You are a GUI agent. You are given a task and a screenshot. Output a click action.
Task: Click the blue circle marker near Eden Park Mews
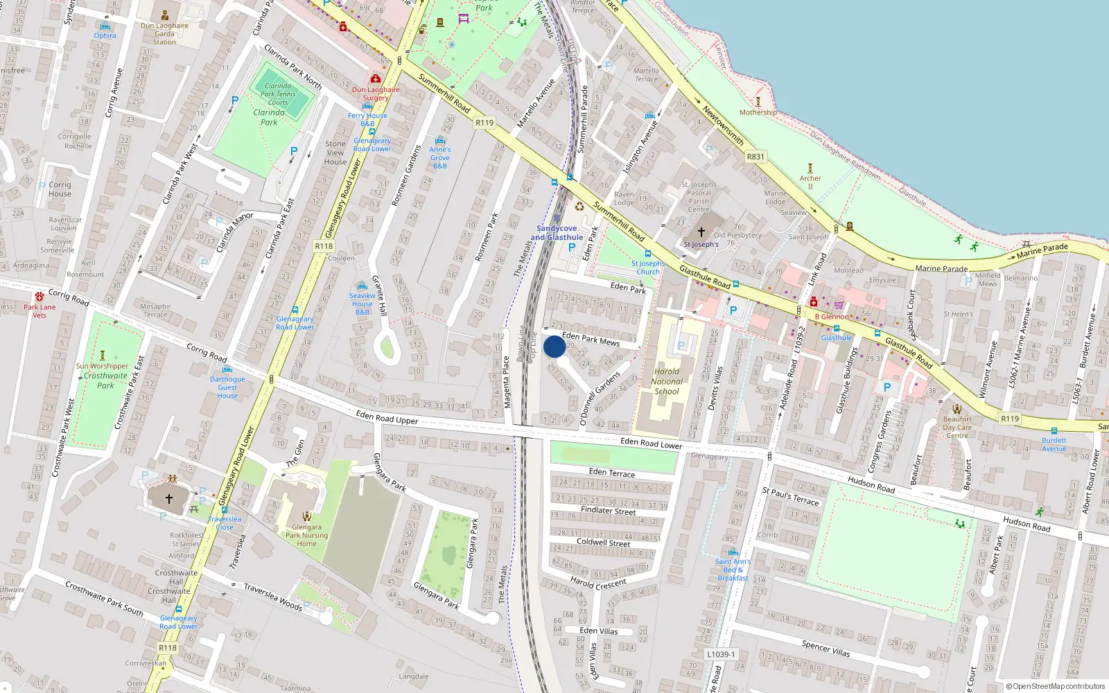(554, 346)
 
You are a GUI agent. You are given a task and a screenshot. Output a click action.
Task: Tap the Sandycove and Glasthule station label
(557, 233)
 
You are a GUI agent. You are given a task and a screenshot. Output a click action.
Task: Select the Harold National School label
(667, 381)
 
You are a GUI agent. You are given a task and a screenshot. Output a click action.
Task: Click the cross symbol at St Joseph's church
(701, 232)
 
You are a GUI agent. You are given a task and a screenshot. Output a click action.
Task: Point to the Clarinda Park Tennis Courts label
(278, 94)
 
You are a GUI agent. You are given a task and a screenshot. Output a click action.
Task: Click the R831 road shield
(756, 157)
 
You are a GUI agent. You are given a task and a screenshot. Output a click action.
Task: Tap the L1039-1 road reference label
(721, 654)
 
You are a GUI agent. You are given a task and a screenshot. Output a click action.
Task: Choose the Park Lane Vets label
(40, 311)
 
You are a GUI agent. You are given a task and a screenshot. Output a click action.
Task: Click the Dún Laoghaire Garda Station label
(164, 34)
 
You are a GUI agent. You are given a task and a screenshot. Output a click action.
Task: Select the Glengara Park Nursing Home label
(306, 535)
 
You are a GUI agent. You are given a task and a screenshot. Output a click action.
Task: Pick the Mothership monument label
(758, 112)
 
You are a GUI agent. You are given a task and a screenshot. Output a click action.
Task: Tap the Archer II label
(810, 182)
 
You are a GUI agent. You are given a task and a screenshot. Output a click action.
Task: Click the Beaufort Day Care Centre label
(957, 427)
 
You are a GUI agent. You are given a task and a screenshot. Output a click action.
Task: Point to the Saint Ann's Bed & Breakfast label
(733, 570)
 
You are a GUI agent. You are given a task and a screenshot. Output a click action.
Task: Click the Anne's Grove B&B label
(439, 157)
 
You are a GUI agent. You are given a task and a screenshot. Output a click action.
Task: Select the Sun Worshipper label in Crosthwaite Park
(103, 366)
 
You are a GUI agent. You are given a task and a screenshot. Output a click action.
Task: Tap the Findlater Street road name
(608, 511)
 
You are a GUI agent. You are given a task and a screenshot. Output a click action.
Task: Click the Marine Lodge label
(776, 198)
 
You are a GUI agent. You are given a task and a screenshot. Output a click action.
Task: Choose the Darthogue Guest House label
(227, 387)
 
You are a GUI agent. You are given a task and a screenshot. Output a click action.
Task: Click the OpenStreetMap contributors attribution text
(1056, 686)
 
